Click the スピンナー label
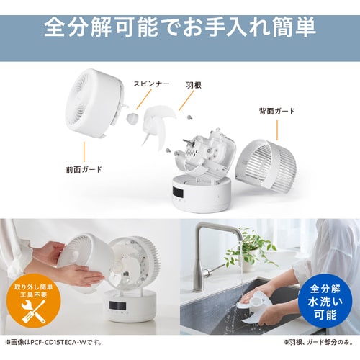[x=151, y=84]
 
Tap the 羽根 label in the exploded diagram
[x=194, y=85]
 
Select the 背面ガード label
[x=277, y=111]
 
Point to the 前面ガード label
[x=84, y=169]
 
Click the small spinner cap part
[x=132, y=119]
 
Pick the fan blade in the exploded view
[x=157, y=126]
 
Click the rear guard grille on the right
[x=266, y=166]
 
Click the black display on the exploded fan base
[x=178, y=192]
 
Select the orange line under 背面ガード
[x=277, y=130]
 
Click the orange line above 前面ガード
[x=84, y=152]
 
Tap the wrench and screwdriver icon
[x=34, y=312]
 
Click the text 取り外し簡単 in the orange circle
[x=34, y=287]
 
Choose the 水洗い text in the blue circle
[x=325, y=302]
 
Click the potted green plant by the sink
[x=250, y=251]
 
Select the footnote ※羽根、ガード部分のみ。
[x=318, y=342]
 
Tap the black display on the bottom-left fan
[x=117, y=305]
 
